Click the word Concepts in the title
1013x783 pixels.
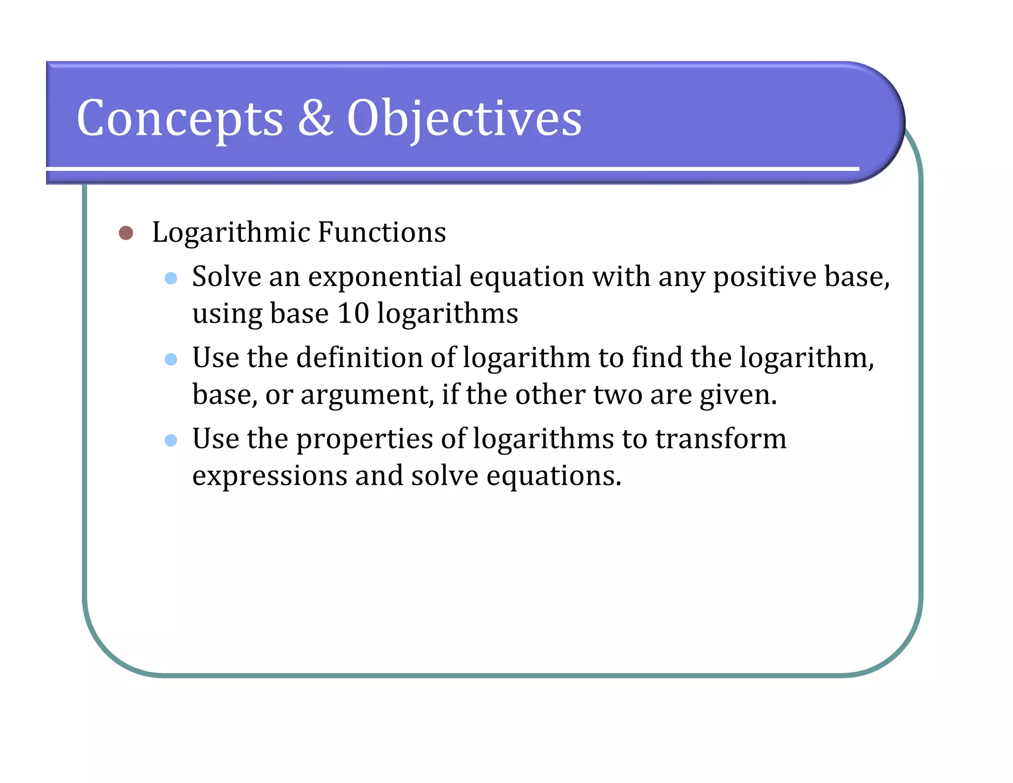click(180, 119)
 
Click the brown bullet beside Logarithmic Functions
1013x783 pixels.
click(126, 233)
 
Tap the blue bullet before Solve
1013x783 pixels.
click(171, 278)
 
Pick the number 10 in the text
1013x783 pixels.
click(353, 314)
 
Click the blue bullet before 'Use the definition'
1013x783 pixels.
click(171, 359)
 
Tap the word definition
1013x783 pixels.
click(359, 358)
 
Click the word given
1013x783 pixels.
click(737, 395)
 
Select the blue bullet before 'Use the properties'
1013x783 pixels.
click(171, 440)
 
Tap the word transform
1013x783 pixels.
click(721, 439)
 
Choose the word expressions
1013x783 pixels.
click(270, 476)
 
